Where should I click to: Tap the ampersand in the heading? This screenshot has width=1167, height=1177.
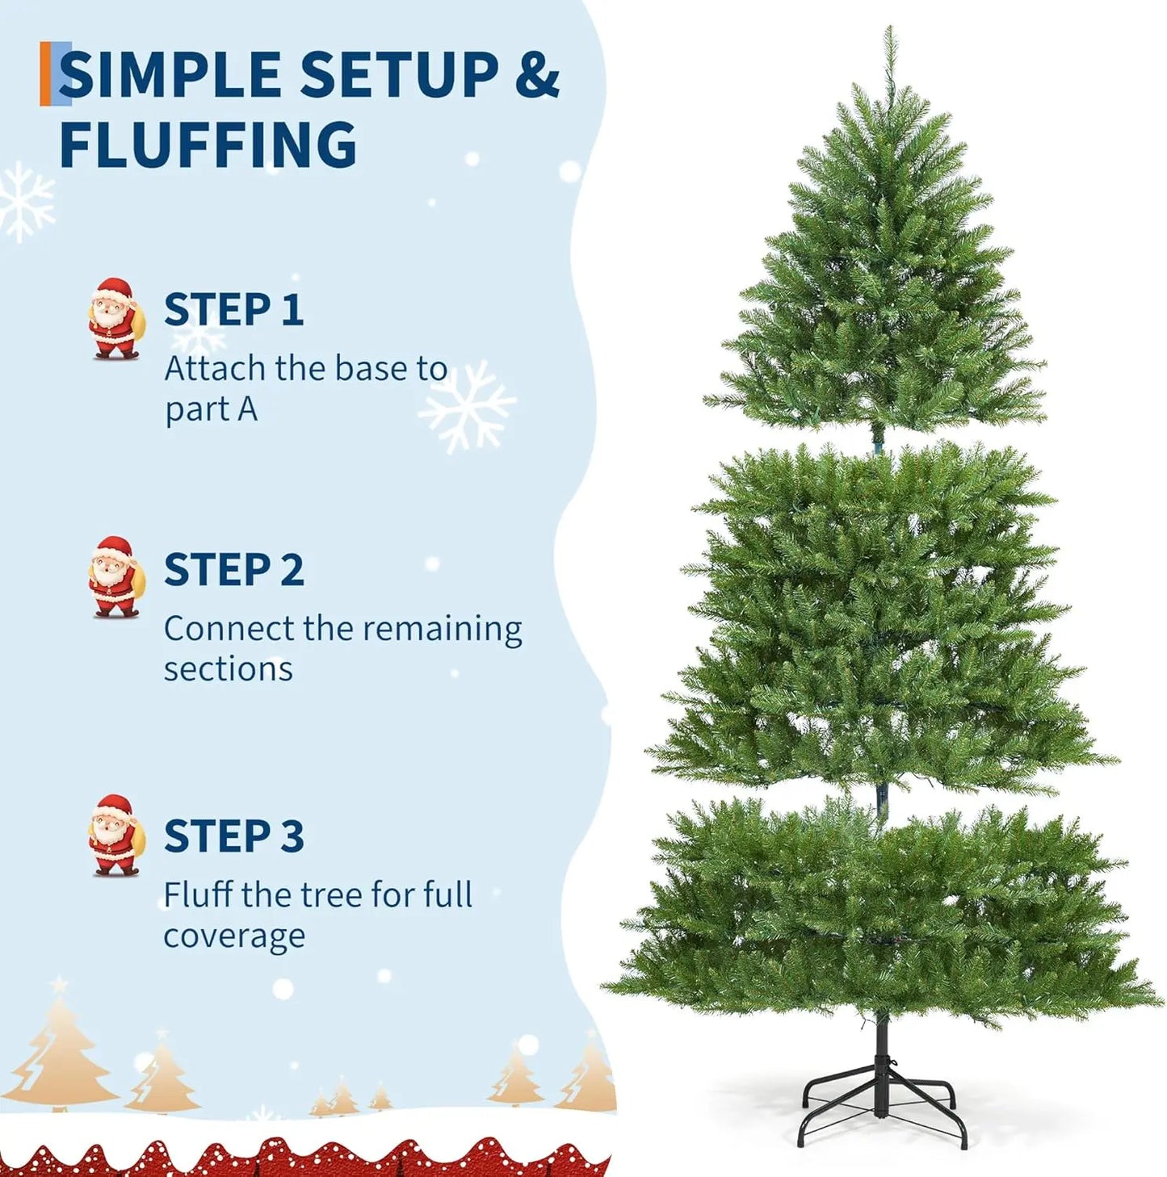(x=536, y=75)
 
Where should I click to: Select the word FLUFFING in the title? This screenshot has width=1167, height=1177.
(x=208, y=145)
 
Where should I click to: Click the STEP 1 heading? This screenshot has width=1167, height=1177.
(x=233, y=310)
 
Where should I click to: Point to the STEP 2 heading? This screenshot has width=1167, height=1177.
(x=233, y=570)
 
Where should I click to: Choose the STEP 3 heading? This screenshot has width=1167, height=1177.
(x=233, y=836)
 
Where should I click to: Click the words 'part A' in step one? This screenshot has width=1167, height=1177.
(x=211, y=410)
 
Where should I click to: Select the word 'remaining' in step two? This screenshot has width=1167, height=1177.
(x=446, y=629)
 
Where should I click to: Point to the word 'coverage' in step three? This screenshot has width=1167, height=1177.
(x=234, y=936)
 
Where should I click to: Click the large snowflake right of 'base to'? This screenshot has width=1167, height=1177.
(x=467, y=406)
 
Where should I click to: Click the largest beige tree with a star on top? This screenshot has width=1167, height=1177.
(x=59, y=1049)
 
